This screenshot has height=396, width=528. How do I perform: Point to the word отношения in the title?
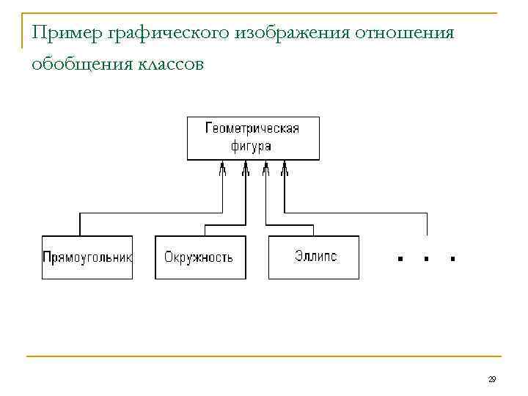point(405,32)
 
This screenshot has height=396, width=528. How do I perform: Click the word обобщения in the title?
point(80,65)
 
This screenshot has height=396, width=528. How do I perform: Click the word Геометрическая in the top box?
point(252,128)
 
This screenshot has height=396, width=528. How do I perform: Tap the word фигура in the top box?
point(252,146)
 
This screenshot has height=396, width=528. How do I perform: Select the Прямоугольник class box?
point(87,257)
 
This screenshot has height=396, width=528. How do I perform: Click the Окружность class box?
point(199,257)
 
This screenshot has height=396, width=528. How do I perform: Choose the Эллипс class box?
point(314,257)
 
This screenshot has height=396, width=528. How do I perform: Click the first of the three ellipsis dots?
point(400,259)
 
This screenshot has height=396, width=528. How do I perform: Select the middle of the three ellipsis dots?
point(426,259)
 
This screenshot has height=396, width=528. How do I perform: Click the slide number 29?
point(492,379)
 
